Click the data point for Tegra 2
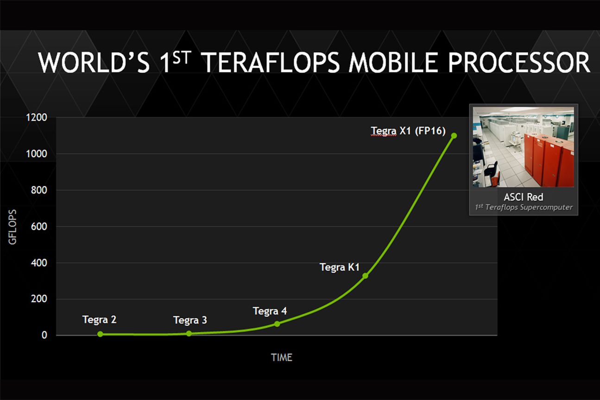100,334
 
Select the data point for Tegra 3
189,333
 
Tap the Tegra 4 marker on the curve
277,324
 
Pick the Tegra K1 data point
365,275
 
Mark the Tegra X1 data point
454,135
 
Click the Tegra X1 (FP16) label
408,131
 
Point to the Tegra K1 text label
340,267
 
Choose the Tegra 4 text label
270,311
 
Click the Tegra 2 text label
99,319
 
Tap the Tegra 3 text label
190,320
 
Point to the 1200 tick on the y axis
38,118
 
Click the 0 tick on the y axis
45,335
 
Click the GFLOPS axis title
13,227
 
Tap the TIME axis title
282,357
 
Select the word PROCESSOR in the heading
516,63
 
